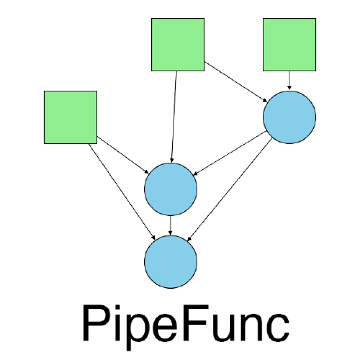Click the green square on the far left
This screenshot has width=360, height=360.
[x=70, y=117]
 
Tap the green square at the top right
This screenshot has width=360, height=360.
[x=289, y=45]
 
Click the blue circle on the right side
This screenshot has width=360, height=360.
[x=289, y=117]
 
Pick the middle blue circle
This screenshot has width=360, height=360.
[x=171, y=189]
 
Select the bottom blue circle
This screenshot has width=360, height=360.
[x=171, y=261]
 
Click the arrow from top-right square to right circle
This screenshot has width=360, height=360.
[x=289, y=81]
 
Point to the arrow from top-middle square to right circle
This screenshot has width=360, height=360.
[x=236, y=81]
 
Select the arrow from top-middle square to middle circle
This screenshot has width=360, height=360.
[x=175, y=117]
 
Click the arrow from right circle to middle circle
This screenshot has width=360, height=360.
[x=230, y=153]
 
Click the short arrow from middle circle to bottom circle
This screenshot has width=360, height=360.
[x=171, y=225]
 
